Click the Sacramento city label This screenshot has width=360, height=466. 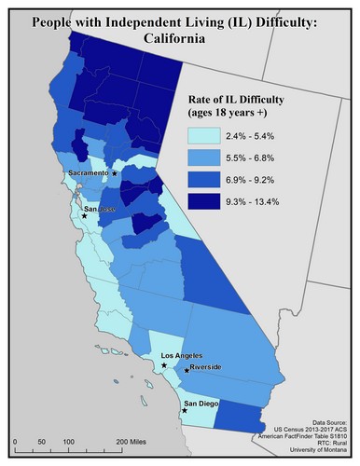coord(88,173)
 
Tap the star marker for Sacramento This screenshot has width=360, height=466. coord(114,173)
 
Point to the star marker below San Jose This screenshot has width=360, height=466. coord(84,216)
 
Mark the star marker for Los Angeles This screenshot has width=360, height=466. coord(165,365)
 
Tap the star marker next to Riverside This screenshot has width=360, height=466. coord(187,371)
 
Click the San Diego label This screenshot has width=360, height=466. coord(202,404)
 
